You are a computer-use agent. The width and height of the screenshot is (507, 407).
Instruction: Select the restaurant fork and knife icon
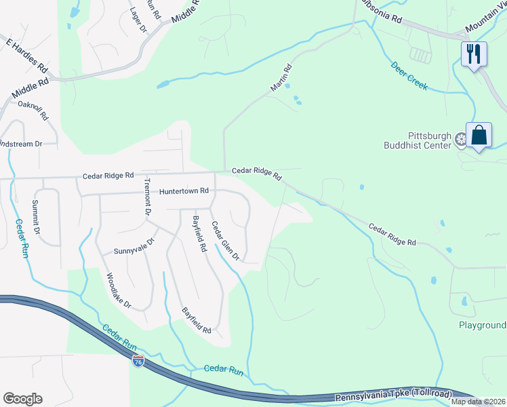pyautogui.click(x=474, y=54)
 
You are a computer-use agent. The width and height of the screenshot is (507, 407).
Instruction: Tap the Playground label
pyautogui.click(x=482, y=325)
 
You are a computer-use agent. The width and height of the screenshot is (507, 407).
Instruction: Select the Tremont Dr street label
pyautogui.click(x=146, y=197)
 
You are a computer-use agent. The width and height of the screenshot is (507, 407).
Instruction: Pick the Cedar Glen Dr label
pyautogui.click(x=225, y=241)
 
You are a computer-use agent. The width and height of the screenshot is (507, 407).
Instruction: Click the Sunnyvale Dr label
pyautogui.click(x=135, y=245)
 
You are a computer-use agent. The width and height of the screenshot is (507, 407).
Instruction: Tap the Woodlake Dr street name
pyautogui.click(x=118, y=290)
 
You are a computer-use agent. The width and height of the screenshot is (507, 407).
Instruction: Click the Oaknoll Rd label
pyautogui.click(x=33, y=110)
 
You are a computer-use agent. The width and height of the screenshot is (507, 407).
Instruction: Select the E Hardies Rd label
pyautogui.click(x=26, y=56)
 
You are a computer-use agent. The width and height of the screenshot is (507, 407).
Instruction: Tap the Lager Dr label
pyautogui.click(x=138, y=20)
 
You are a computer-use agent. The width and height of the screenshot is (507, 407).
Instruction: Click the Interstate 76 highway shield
pyautogui.click(x=138, y=361)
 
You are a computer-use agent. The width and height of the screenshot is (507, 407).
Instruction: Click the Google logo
pyautogui.click(x=22, y=399)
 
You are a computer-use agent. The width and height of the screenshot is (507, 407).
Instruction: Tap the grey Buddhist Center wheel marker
pyautogui.click(x=460, y=140)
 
